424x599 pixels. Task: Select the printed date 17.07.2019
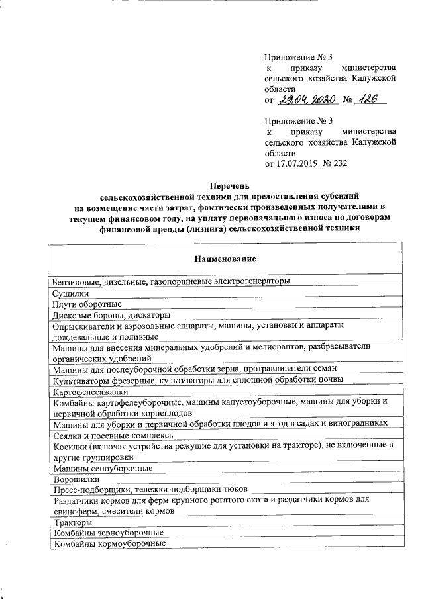coord(296,163)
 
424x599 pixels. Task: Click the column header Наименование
coord(225,257)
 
